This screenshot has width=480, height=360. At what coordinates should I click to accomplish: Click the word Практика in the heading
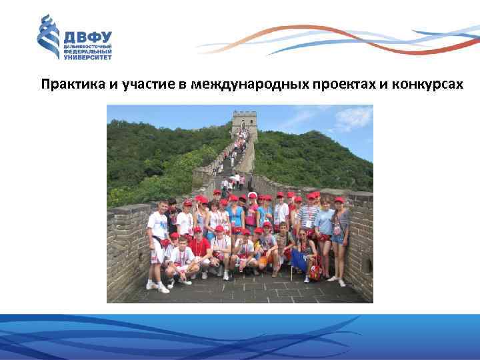click(70, 85)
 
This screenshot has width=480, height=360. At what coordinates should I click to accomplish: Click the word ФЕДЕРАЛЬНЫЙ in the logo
click(87, 52)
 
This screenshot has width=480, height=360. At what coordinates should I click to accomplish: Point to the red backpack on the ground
click(314, 270)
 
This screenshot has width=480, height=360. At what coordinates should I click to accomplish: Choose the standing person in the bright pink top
click(251, 215)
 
